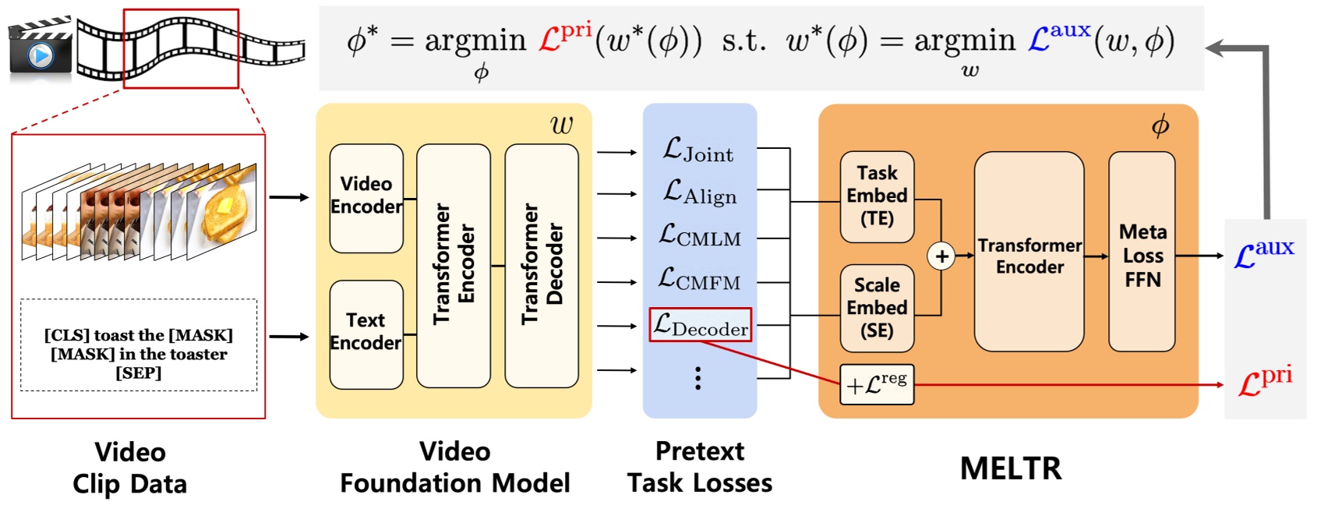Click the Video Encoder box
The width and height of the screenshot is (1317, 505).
[366, 198]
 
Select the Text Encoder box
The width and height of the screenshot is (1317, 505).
[366, 334]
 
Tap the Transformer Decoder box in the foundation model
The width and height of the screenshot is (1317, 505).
[542, 265]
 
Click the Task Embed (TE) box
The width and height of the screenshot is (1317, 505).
[877, 196]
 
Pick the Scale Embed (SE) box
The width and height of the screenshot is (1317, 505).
[877, 308]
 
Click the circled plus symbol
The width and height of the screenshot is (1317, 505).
[941, 256]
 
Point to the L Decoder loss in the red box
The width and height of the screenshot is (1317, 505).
[700, 325]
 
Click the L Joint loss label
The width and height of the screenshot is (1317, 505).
[698, 150]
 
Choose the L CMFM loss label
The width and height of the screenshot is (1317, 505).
[699, 279]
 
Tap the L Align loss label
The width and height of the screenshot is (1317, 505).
[700, 192]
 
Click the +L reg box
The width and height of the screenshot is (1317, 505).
[877, 384]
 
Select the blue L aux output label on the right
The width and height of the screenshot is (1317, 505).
[1264, 253]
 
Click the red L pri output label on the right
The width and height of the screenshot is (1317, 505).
[1265, 381]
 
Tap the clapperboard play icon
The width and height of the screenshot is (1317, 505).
[40, 55]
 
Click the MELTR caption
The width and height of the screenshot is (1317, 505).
[1011, 468]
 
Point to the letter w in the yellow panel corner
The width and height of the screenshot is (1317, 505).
[561, 125]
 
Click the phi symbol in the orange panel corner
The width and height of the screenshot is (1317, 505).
[1160, 125]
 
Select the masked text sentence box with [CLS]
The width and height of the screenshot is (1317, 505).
[139, 345]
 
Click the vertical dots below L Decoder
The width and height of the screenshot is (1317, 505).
[697, 378]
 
